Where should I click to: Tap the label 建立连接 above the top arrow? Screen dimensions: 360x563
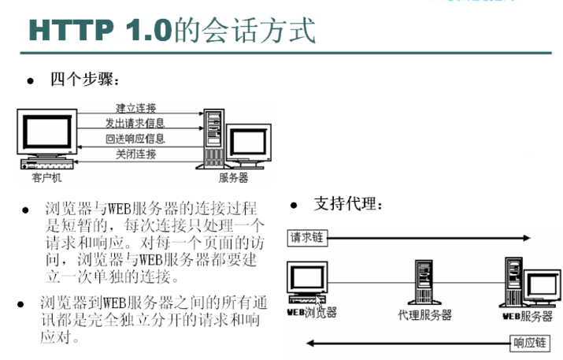coord(135,107)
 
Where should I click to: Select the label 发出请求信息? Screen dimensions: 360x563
coord(135,123)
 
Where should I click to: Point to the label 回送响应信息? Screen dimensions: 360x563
coord(135,139)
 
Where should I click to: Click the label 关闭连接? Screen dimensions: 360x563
coord(135,154)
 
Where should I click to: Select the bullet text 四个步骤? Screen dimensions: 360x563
coord(84,79)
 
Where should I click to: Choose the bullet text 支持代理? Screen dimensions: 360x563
coord(348,204)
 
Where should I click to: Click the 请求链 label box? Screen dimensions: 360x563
coord(309,236)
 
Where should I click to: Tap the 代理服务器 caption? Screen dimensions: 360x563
coord(426,315)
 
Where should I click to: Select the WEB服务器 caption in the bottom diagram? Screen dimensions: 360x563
coord(527,317)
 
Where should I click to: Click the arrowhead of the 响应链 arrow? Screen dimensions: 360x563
coord(310,343)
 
